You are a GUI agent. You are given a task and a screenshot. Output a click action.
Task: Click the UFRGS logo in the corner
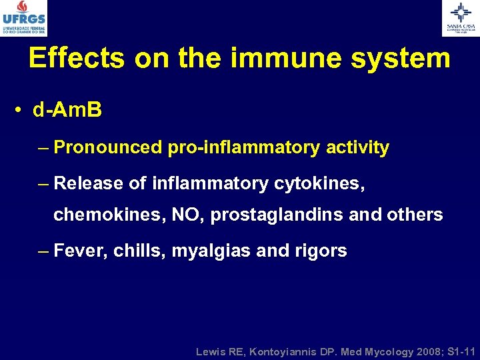[x=24, y=18]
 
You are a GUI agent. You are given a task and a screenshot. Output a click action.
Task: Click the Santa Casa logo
[x=461, y=18]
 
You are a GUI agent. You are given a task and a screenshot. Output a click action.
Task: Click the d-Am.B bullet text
[x=67, y=111]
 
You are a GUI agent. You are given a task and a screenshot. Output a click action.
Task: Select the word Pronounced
[x=107, y=148]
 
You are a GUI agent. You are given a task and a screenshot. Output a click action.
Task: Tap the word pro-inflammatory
[x=243, y=148]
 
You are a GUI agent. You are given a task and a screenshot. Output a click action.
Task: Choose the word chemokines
[x=107, y=215]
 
